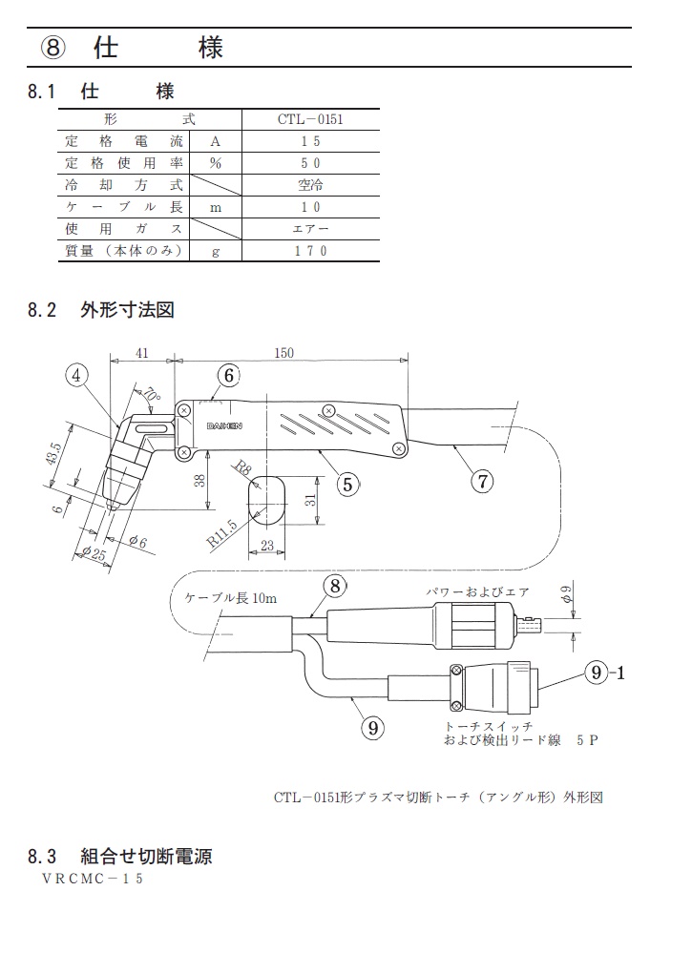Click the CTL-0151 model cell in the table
coord(310,119)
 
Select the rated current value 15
coord(310,141)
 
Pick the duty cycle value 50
coord(310,163)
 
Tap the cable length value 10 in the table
coord(310,207)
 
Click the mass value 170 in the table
coord(310,251)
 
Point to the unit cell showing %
coord(216,163)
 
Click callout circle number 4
coord(79,375)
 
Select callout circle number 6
coord(228,376)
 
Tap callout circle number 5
coord(346,483)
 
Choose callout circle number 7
coord(483,481)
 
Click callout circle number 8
coord(333,586)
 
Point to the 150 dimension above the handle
coord(283,352)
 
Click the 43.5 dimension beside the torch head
coord(56,455)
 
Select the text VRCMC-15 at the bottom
coord(92,879)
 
